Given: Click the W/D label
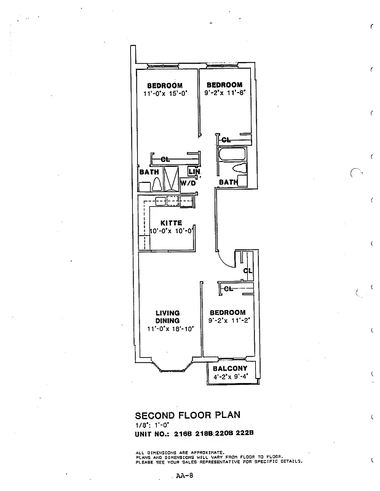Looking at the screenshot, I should [x=188, y=183].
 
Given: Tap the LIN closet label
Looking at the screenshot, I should [x=194, y=172].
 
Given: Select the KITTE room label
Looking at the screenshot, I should [x=171, y=223].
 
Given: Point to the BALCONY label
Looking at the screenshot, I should [x=231, y=369].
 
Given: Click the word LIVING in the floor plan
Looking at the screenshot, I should [x=167, y=313].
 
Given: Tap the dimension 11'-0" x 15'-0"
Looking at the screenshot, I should [x=164, y=94].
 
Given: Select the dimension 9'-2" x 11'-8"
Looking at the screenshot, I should [x=224, y=94].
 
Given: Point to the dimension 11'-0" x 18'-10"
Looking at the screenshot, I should [x=170, y=329].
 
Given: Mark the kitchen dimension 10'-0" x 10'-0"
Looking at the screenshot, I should [x=172, y=231].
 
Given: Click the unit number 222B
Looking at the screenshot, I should [x=245, y=434].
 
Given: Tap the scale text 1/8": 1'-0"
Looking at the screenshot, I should [x=150, y=424].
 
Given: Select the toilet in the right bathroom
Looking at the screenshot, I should [x=240, y=168].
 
